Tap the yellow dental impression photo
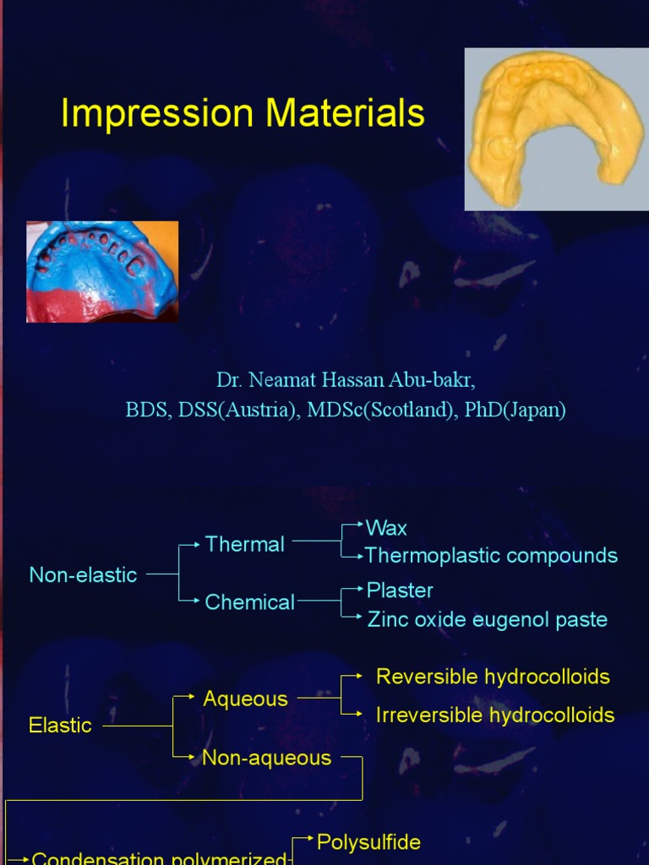point(555,128)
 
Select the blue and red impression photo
point(102,271)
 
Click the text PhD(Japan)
point(515,410)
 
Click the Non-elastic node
point(83,575)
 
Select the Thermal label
point(244,544)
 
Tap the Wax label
point(386,528)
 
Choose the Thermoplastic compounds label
point(491,556)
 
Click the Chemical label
point(249,602)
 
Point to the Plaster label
point(400,590)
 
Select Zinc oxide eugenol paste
point(487,619)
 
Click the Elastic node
point(60,725)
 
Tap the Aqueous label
point(245,699)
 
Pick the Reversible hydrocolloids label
point(493,677)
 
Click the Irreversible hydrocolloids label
point(495,715)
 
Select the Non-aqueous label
point(266,758)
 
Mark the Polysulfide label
point(368,841)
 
